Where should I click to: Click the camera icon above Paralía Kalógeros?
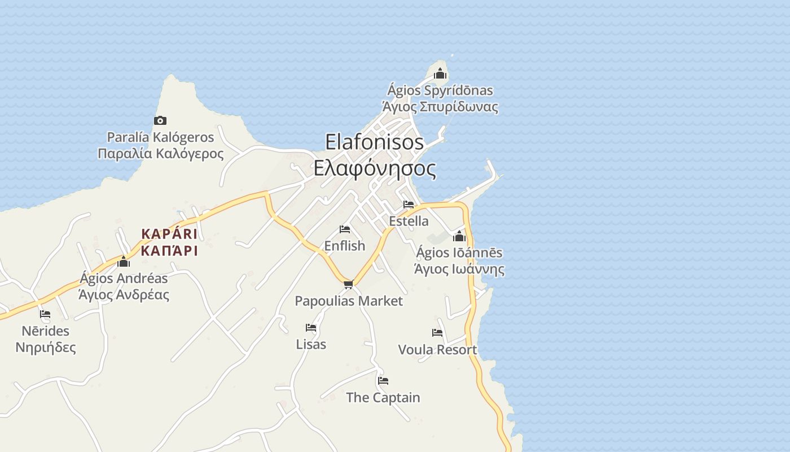(160, 120)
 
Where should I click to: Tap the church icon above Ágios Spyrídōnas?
(440, 73)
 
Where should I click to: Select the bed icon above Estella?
(409, 205)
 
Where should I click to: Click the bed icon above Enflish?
(345, 229)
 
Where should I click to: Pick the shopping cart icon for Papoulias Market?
(348, 284)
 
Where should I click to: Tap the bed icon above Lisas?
(311, 328)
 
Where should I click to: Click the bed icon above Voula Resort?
(437, 333)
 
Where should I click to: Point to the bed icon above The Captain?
(383, 381)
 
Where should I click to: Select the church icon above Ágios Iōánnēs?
(459, 236)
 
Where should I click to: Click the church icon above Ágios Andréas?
(124, 262)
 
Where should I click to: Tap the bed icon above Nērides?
(45, 314)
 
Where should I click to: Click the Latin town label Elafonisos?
(374, 142)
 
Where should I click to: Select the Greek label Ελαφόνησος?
(375, 168)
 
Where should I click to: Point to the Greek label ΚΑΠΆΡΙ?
(169, 251)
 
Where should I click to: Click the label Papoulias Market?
(349, 301)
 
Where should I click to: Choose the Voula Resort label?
(437, 350)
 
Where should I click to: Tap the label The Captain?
(383, 398)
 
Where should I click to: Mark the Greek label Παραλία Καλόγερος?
(161, 154)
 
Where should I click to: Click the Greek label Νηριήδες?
(46, 347)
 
